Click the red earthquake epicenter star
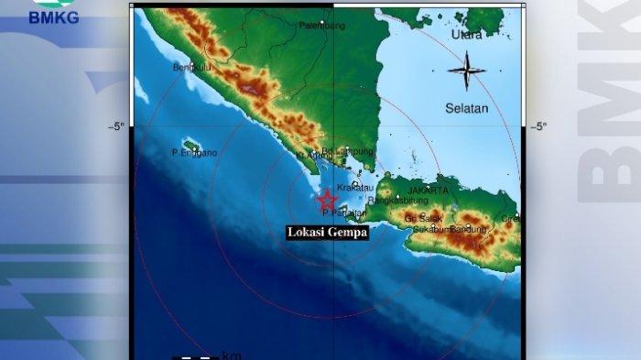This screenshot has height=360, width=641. (x=327, y=199)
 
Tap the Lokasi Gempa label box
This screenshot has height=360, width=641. (x=327, y=233)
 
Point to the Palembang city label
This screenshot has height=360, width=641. (x=321, y=26)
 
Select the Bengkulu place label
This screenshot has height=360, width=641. (x=192, y=67)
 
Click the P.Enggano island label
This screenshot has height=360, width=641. (x=194, y=153)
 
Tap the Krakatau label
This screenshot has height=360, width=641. (x=355, y=187)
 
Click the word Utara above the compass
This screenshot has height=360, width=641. (x=467, y=35)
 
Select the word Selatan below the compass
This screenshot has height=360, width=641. (x=467, y=108)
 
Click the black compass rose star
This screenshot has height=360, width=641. (x=467, y=71)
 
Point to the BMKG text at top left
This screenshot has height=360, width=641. (x=54, y=17)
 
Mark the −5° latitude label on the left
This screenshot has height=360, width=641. (x=115, y=126)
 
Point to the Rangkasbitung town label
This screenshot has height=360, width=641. (x=397, y=201)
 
